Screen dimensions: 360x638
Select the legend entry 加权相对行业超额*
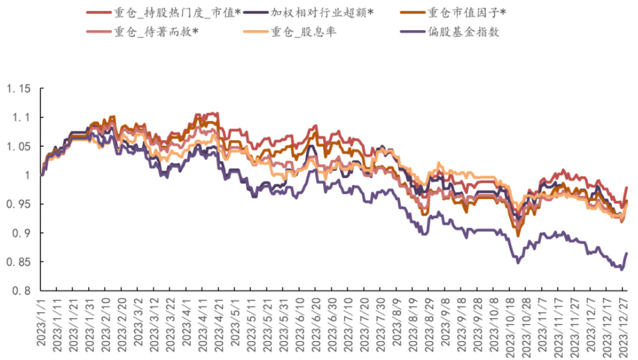(x=322, y=12)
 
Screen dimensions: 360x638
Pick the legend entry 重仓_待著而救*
(x=155, y=32)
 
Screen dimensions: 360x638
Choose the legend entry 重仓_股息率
(x=304, y=32)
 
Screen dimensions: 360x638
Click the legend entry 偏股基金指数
(x=464, y=32)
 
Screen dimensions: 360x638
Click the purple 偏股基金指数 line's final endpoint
(x=627, y=253)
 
